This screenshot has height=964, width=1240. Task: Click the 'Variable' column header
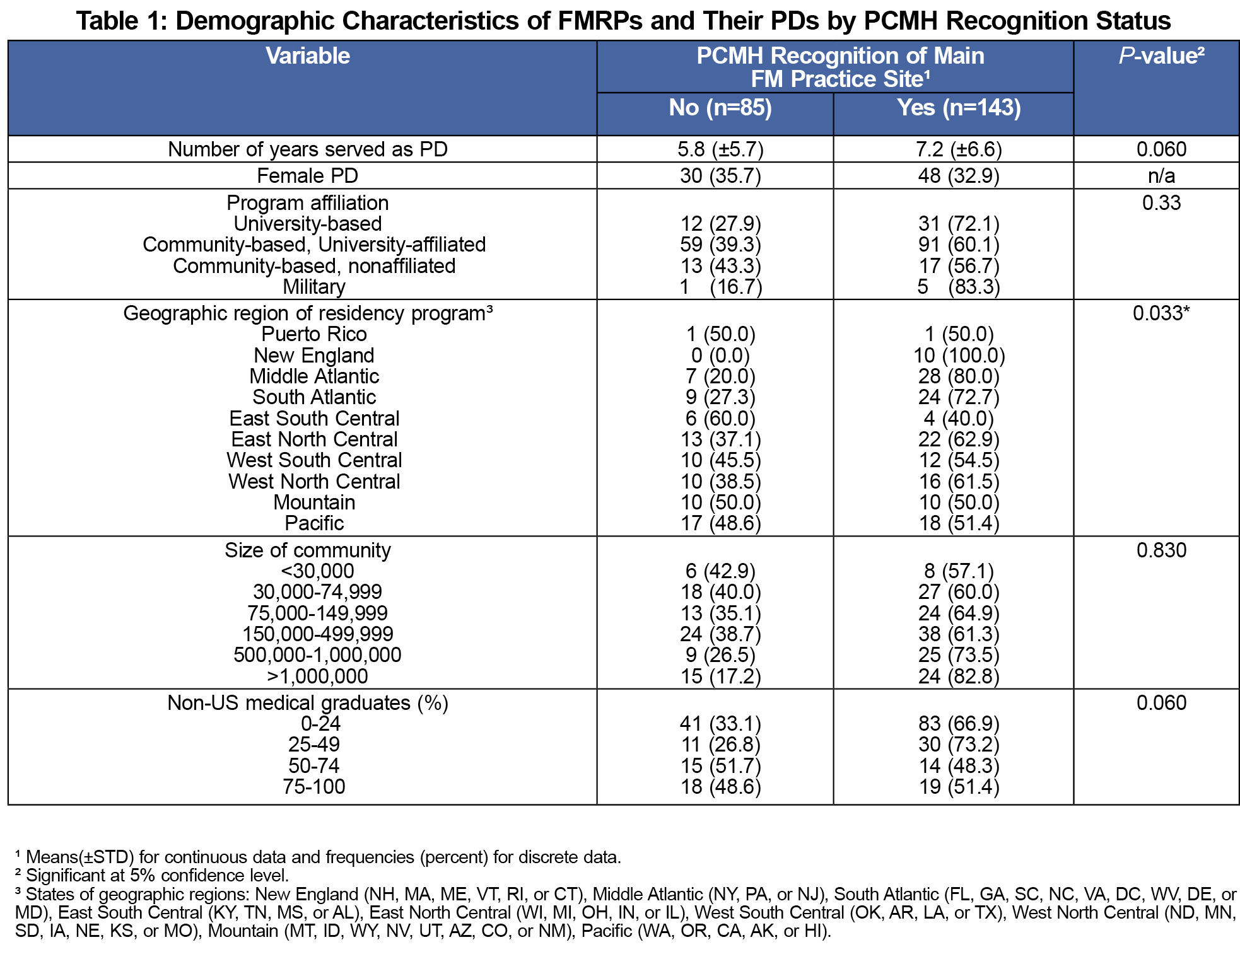coord(308,56)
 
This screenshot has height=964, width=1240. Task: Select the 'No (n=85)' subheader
coord(720,108)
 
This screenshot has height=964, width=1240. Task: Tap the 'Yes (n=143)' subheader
coord(959,108)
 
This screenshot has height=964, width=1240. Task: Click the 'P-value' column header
coord(1161,56)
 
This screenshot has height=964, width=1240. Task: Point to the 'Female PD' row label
coord(308,176)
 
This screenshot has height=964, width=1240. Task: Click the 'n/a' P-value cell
coord(1161,176)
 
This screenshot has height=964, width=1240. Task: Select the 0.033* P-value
coord(1161,313)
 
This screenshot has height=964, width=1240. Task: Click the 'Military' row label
coord(314,287)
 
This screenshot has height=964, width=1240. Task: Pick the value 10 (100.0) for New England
coord(959,356)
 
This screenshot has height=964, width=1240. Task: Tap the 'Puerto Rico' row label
coord(314,334)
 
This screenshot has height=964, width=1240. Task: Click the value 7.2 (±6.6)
coord(959,149)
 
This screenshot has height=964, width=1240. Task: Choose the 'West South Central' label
coord(314,460)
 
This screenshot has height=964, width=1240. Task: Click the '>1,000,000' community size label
coord(317,677)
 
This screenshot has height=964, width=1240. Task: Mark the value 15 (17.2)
coord(720,677)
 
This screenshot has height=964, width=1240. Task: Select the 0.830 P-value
coord(1161,550)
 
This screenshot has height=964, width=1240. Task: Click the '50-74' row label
coord(314,766)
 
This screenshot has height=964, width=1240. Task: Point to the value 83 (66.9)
coord(959,724)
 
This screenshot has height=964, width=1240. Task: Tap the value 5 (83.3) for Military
coord(959,287)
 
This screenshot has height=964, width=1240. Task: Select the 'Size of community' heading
coord(308,550)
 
